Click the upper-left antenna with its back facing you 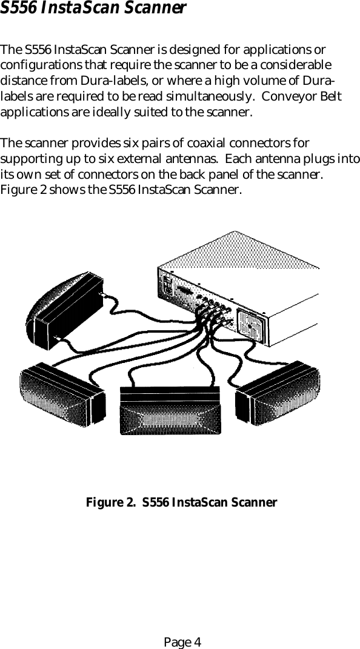pos(64,309)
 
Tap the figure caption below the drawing pos(181,502)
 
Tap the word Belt pos(330,97)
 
